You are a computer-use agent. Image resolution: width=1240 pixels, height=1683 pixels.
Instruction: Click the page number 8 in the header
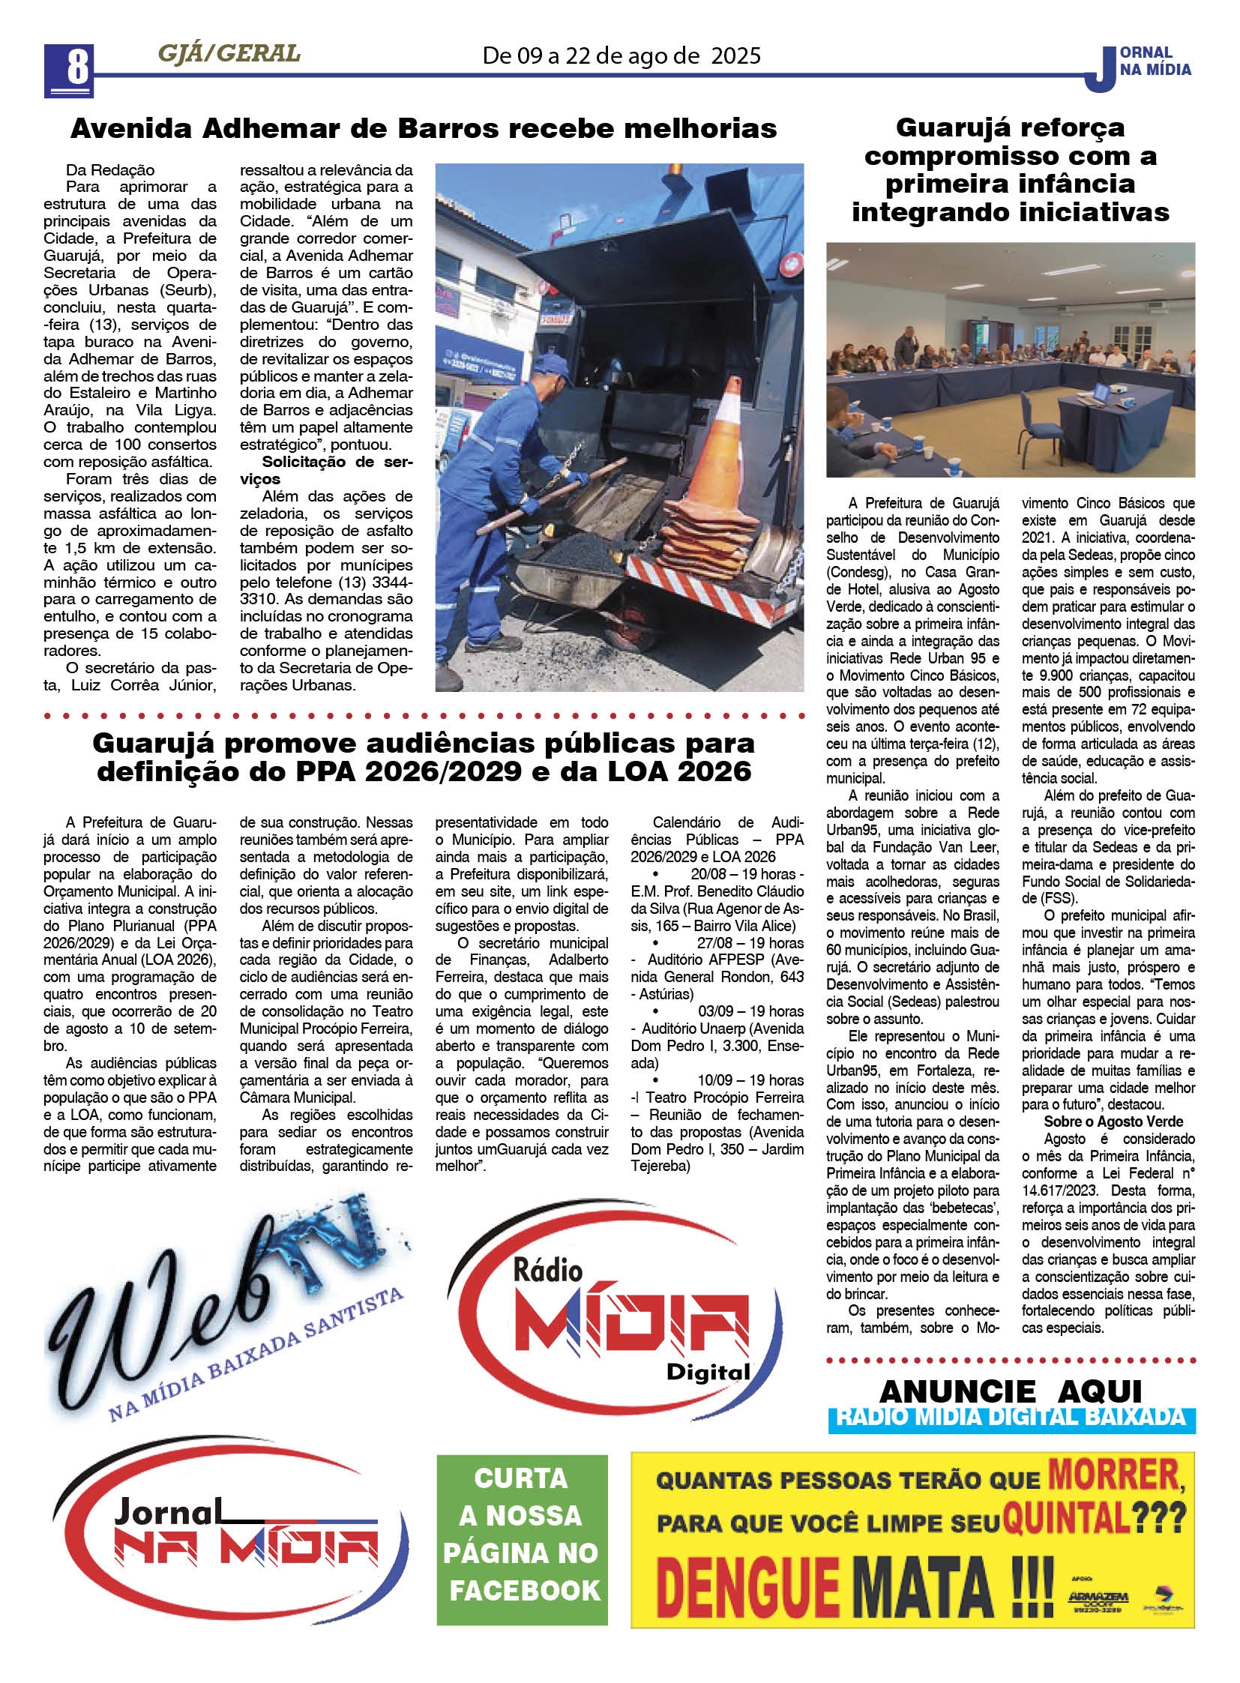[x=69, y=68]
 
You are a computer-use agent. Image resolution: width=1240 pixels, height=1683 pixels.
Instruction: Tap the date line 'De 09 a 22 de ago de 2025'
[x=621, y=55]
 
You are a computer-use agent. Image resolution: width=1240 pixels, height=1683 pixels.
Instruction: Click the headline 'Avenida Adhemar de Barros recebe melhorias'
[x=424, y=129]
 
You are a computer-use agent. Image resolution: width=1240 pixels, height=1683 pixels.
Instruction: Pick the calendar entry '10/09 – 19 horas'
[x=750, y=1080]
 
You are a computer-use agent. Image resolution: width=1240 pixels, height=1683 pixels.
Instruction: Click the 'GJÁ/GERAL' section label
[x=229, y=54]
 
